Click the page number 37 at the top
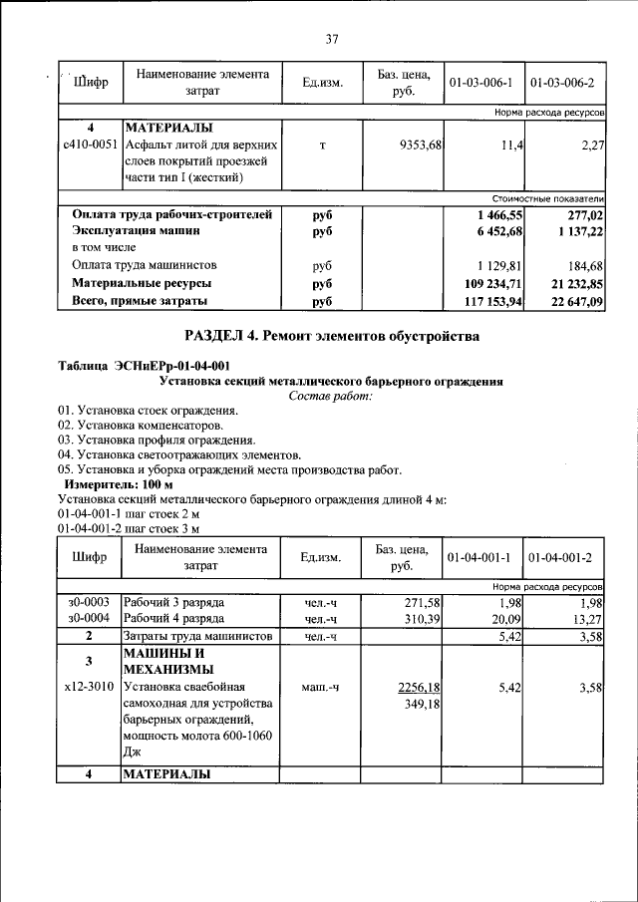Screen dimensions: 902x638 coord(332,40)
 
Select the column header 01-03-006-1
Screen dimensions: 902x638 coord(480,82)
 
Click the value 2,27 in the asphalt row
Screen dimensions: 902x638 coord(592,145)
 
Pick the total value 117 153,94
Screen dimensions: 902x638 coord(487,301)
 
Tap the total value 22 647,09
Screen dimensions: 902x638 coord(572,301)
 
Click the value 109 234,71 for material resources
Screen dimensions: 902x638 coord(487,284)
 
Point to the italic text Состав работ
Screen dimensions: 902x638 coord(331,396)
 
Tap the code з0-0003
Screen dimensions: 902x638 coord(89,602)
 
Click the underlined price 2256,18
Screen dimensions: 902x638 coord(420,687)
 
